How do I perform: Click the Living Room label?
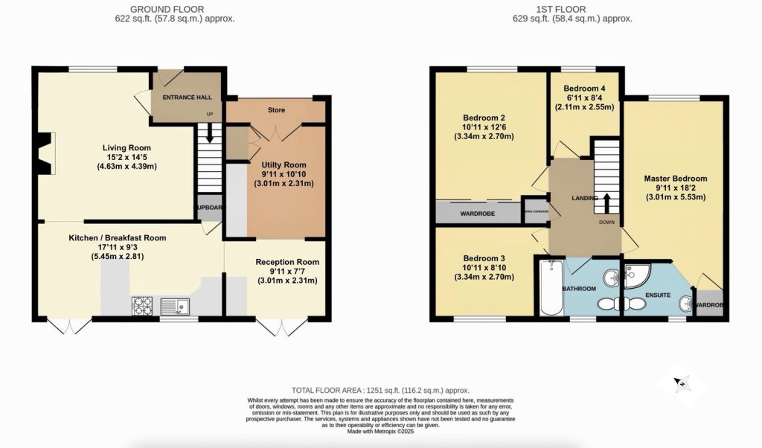[124, 147]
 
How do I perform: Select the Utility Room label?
[284, 164]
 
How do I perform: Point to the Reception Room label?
[287, 262]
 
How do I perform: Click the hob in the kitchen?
[141, 304]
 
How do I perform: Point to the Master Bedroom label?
[675, 179]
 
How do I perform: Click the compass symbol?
[681, 383]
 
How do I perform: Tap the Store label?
[276, 111]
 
